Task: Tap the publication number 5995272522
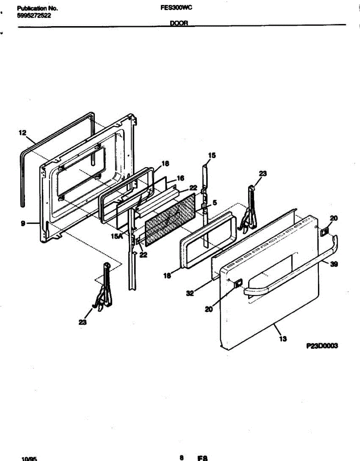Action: pos(34,16)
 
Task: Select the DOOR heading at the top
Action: pos(179,23)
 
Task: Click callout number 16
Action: pos(181,178)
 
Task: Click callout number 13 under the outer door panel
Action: pos(284,339)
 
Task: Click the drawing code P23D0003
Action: pos(322,346)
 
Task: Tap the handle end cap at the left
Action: pos(237,284)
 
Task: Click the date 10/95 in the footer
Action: pos(29,458)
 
